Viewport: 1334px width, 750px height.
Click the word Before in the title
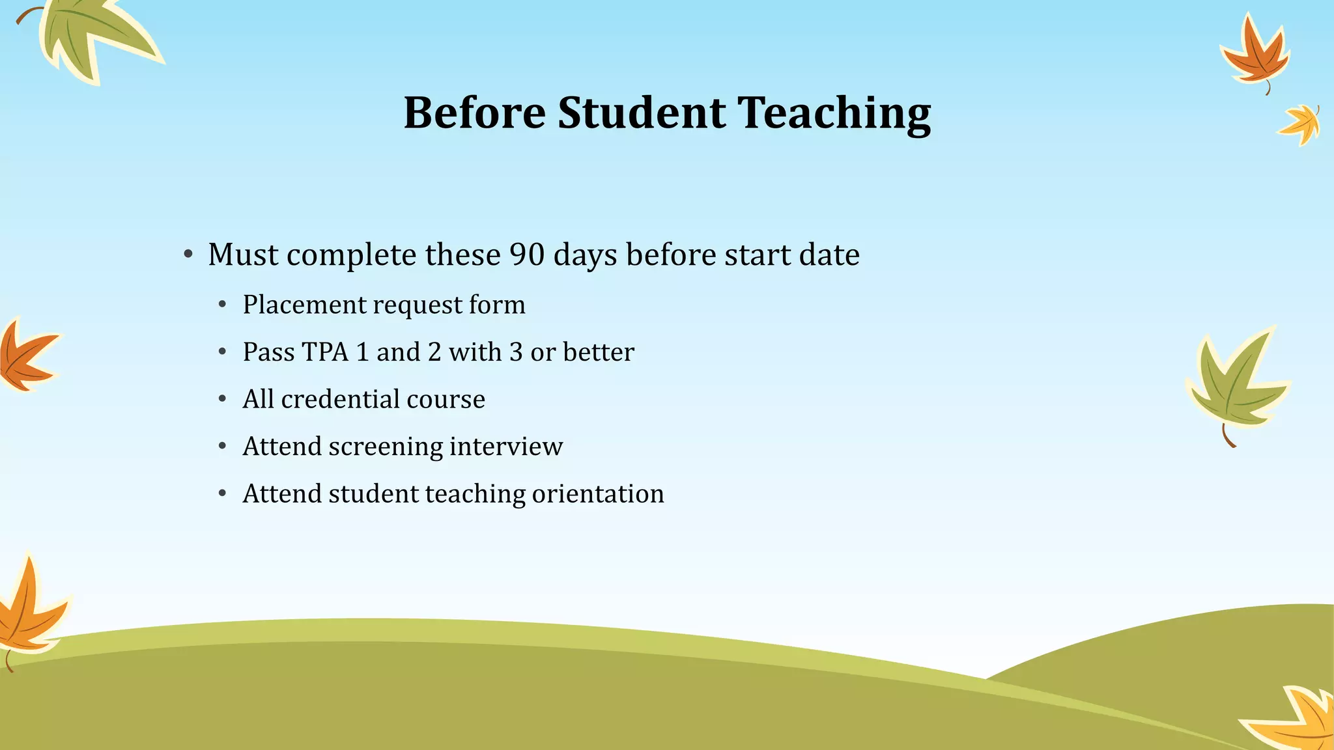(474, 113)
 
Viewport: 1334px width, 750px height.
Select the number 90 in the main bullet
(526, 255)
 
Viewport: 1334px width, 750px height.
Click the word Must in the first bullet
(243, 255)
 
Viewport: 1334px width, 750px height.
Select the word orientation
(597, 494)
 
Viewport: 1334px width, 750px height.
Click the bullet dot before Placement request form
(222, 305)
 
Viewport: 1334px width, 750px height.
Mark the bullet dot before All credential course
(222, 399)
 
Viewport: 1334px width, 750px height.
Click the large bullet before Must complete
(188, 255)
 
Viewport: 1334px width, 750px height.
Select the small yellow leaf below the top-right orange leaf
(1301, 124)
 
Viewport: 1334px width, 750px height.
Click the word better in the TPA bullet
(598, 352)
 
